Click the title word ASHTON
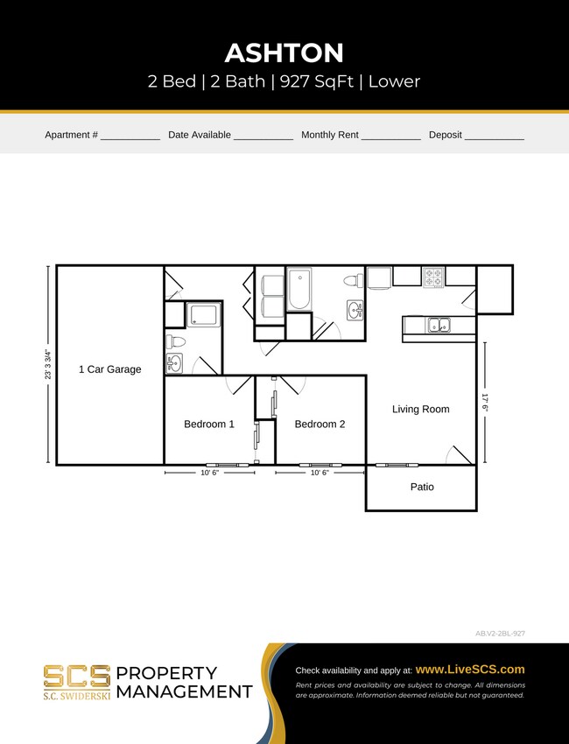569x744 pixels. [x=284, y=53]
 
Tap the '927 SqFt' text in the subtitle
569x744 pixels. [x=317, y=82]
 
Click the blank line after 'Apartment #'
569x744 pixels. [x=130, y=136]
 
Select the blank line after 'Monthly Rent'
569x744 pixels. [x=390, y=136]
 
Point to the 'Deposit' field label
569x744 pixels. [x=445, y=135]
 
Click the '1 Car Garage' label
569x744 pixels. [x=109, y=369]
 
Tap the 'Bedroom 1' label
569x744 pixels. [x=209, y=424]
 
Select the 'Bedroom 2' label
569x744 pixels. [x=320, y=424]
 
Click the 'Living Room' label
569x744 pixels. [x=420, y=409]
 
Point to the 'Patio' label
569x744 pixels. [x=422, y=487]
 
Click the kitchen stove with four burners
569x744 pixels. [x=433, y=277]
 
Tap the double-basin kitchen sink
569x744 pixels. [x=439, y=326]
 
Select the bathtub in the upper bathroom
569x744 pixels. [x=299, y=289]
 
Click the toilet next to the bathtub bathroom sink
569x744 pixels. [x=353, y=281]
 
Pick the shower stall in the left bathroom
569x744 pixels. [x=204, y=314]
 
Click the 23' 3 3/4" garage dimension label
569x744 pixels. [x=47, y=365]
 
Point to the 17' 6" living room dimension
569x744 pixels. [x=484, y=407]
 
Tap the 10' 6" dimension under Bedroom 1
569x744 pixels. [x=209, y=473]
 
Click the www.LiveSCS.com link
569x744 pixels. [x=469, y=669]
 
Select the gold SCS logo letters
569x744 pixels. [x=77, y=677]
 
